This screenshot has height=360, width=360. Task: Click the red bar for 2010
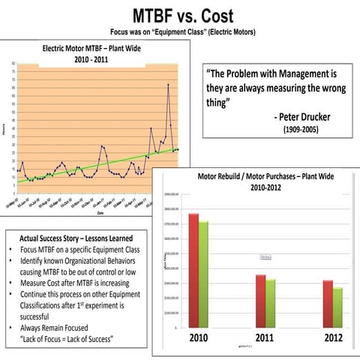coord(193,270)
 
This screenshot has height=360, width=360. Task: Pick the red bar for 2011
coord(260,301)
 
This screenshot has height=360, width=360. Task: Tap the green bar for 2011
coord(270,303)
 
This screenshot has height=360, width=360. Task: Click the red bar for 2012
coord(328,304)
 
